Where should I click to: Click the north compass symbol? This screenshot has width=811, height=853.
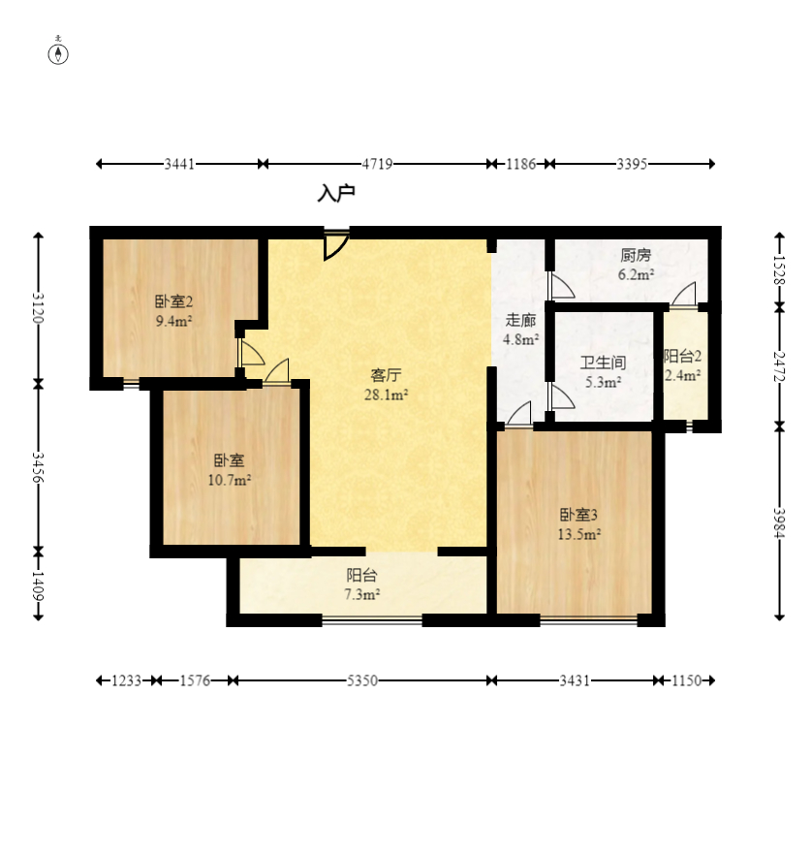click(58, 53)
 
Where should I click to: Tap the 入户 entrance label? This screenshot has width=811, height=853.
click(336, 193)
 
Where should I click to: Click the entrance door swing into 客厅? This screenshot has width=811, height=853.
click(336, 245)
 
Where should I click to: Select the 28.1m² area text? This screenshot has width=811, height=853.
click(387, 395)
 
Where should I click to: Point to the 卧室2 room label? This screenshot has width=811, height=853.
click(174, 301)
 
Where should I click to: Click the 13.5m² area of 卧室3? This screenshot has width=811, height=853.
click(578, 534)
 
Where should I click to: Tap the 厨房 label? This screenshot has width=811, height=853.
click(636, 255)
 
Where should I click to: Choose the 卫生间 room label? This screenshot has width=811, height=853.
click(604, 363)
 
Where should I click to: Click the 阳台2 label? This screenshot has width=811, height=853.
click(683, 357)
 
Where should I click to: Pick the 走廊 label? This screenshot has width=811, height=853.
click(520, 320)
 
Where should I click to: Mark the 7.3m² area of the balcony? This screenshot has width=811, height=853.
click(361, 594)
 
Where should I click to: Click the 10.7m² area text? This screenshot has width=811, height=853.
click(230, 481)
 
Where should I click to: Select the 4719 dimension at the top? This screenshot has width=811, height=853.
click(378, 164)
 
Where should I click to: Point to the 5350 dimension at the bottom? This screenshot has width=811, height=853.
click(362, 680)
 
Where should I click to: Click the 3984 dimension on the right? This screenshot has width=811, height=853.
click(779, 522)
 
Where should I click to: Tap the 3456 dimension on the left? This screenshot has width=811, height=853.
click(38, 467)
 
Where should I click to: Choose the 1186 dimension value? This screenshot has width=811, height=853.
click(521, 164)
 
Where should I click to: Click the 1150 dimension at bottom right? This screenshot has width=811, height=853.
click(686, 680)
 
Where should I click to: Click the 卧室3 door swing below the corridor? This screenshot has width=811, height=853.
click(519, 415)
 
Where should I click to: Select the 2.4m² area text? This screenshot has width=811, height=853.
click(683, 375)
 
